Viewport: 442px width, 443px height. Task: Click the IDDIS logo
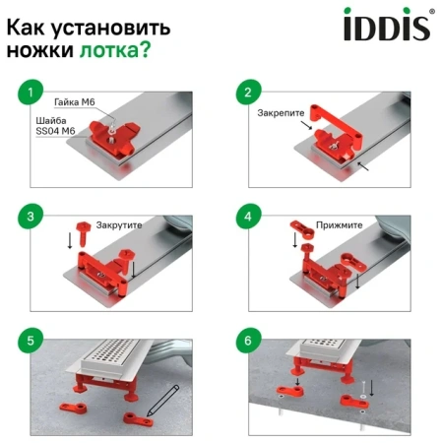pyautogui.click(x=389, y=24)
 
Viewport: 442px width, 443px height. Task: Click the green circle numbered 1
pyautogui.click(x=31, y=93)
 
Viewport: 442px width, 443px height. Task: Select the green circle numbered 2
pyautogui.click(x=248, y=93)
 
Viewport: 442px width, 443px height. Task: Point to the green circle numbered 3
pyautogui.click(x=31, y=217)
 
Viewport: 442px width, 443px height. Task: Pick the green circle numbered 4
pyautogui.click(x=248, y=217)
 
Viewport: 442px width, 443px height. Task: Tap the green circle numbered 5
pyautogui.click(x=31, y=341)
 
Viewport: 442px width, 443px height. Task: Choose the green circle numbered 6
pyautogui.click(x=248, y=341)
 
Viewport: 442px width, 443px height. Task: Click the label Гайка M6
pyautogui.click(x=75, y=102)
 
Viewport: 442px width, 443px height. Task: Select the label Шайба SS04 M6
pyautogui.click(x=55, y=126)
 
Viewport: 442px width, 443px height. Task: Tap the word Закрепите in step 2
pyautogui.click(x=281, y=113)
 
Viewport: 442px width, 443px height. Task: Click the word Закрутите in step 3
pyautogui.click(x=119, y=225)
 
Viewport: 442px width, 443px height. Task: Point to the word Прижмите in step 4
pyautogui.click(x=339, y=225)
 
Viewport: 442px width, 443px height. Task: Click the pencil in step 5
pyautogui.click(x=163, y=401)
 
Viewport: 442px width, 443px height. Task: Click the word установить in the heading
pyautogui.click(x=111, y=29)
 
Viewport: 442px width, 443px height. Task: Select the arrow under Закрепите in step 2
pyautogui.click(x=306, y=125)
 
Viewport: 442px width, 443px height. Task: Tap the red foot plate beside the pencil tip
pyautogui.click(x=138, y=419)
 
